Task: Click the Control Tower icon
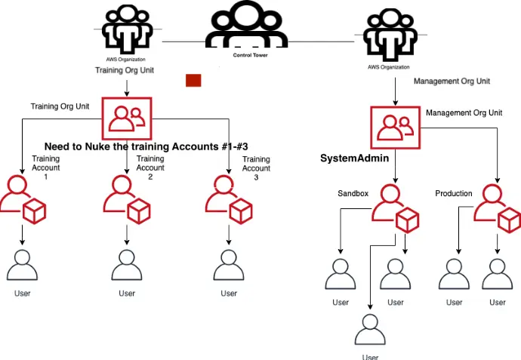pos(246,25)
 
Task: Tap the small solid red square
pos(193,80)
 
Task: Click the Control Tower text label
pos(250,55)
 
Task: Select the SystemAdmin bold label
pos(355,158)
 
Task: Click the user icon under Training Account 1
pos(22,266)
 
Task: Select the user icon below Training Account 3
pos(229,266)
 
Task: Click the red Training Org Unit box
pos(127,118)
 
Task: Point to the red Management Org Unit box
pos(396,128)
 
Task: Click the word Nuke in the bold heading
pos(97,146)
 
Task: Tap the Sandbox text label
pos(353,193)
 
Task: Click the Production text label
pos(454,193)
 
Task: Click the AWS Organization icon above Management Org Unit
pos(390,35)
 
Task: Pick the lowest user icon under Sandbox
pos(370,330)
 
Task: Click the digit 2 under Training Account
pos(150,177)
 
